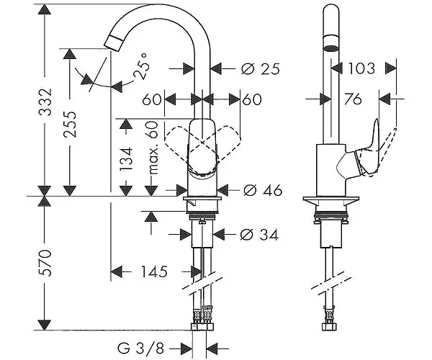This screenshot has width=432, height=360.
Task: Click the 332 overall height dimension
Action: (x=45, y=102)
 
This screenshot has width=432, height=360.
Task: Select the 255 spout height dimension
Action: (x=70, y=125)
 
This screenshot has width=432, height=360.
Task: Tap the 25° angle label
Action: (x=142, y=66)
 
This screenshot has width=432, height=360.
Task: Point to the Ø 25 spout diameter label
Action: (x=261, y=69)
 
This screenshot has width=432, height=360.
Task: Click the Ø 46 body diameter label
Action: (x=263, y=190)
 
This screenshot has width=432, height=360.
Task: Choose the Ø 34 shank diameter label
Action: (x=259, y=235)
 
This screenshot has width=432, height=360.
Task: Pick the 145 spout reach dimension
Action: (x=154, y=272)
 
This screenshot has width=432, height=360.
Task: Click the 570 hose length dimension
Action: (x=45, y=263)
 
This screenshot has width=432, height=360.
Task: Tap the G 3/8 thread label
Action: (x=141, y=348)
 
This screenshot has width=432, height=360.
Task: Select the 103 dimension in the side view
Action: (x=361, y=68)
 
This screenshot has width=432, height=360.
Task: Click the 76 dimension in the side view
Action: (x=353, y=99)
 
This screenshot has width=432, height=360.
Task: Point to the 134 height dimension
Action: (x=126, y=159)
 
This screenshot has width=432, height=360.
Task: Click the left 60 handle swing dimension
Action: (x=151, y=99)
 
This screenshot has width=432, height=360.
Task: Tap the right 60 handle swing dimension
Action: (x=252, y=99)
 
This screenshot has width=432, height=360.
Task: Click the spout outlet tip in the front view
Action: (x=114, y=44)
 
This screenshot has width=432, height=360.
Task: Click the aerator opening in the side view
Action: (x=330, y=48)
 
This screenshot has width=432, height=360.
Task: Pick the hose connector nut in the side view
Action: (x=330, y=327)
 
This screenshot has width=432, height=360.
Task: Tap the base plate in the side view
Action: (x=331, y=199)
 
